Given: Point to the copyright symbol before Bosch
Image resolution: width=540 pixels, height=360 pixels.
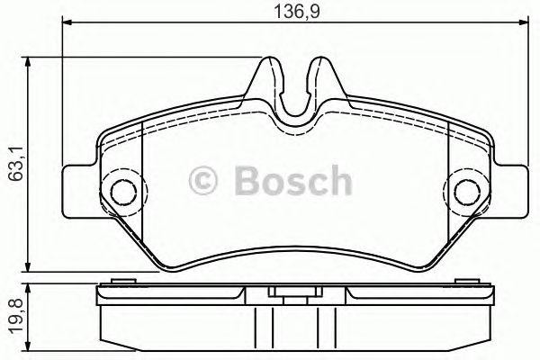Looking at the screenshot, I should (x=203, y=183).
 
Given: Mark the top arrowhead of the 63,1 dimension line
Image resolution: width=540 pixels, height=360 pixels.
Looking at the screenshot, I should (x=30, y=62).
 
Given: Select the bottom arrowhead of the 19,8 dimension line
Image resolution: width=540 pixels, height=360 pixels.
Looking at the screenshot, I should (x=30, y=353).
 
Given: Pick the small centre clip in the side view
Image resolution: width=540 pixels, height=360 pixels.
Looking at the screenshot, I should (x=291, y=293).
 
